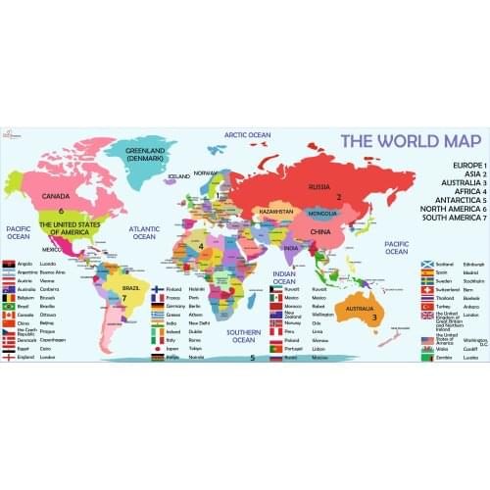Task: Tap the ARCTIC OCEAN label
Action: click(x=247, y=135)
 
